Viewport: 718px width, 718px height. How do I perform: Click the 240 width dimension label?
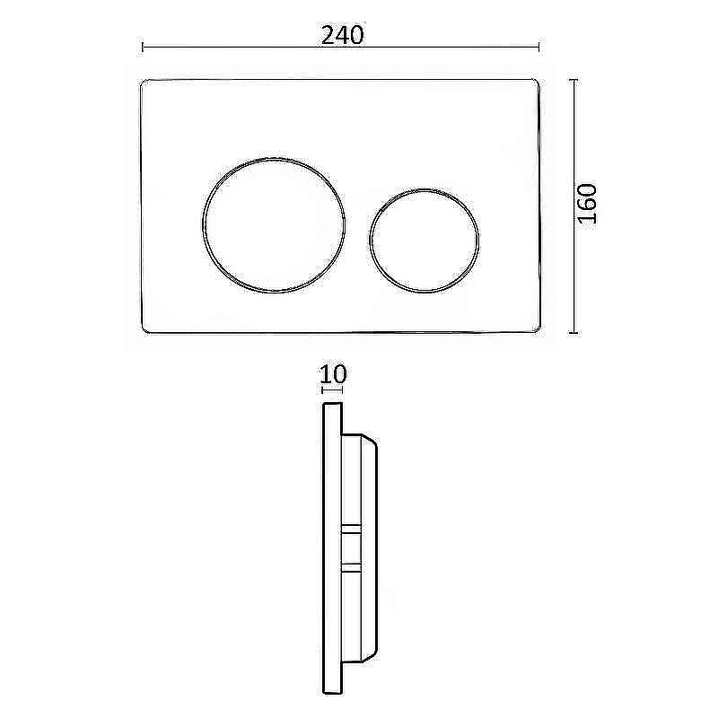coord(342,35)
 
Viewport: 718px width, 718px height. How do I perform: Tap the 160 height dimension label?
coord(587,204)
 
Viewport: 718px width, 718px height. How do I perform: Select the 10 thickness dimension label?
coord(333,374)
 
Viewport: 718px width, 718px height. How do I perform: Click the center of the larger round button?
coord(274,224)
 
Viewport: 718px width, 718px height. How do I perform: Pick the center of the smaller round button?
coord(425,239)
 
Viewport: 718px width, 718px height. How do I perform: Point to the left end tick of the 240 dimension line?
coord(143,47)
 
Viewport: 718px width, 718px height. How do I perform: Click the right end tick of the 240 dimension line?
coord(539,47)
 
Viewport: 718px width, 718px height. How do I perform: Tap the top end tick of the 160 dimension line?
coord(575,80)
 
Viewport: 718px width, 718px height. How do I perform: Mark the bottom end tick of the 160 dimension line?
coord(575,332)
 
